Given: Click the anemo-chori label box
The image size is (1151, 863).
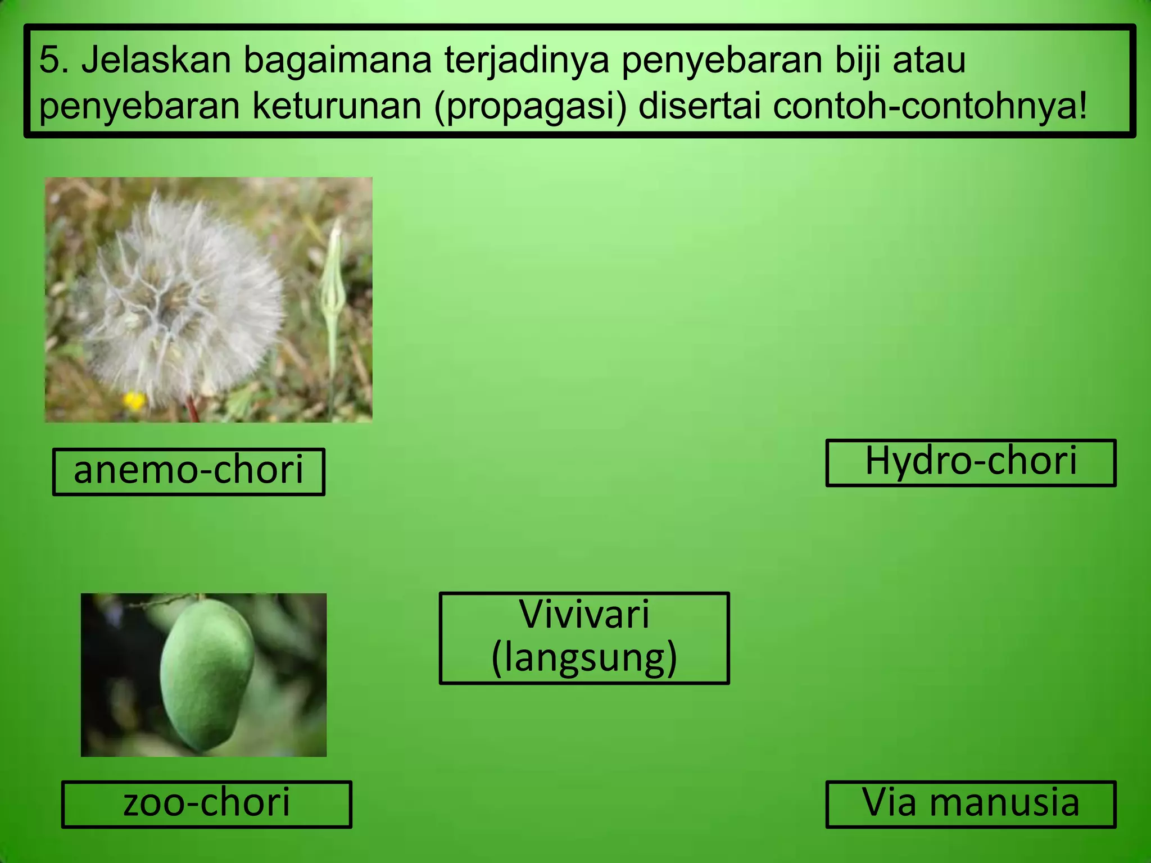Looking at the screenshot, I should tap(188, 471).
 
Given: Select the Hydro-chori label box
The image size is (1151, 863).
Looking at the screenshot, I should tap(971, 462).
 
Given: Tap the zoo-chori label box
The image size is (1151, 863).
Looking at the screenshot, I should tap(206, 803).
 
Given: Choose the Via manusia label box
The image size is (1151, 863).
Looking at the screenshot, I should tap(971, 803).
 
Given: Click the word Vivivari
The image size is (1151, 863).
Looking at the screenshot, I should tap(584, 615).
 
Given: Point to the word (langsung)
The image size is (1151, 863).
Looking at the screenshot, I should tap(584, 658).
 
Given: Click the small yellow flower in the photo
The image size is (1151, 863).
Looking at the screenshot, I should tap(134, 401).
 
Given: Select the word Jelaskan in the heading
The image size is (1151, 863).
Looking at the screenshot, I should tap(156, 60).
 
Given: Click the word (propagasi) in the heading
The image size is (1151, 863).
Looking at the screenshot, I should tap(530, 107).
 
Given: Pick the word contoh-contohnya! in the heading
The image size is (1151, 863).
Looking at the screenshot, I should tap(930, 107).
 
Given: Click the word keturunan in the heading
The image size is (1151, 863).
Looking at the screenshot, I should tap(337, 107).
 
